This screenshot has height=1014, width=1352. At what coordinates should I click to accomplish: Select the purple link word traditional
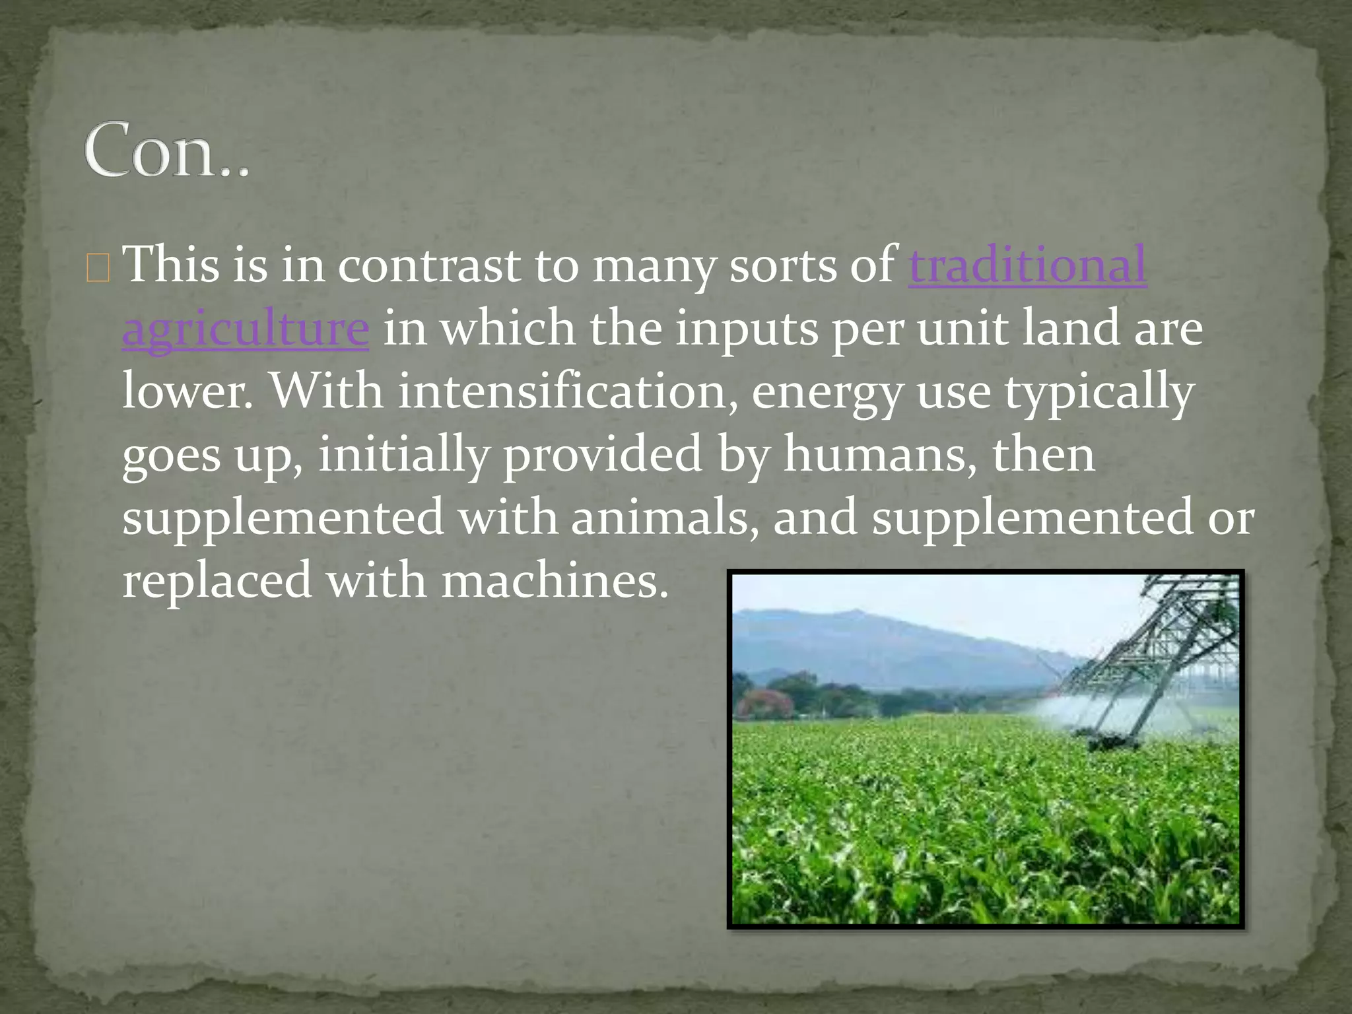[x=1027, y=265]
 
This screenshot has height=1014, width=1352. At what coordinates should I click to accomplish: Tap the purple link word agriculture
[x=245, y=328]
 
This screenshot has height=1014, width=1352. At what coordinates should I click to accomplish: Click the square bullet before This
[x=98, y=270]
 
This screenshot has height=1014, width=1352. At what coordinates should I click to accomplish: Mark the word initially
[x=403, y=455]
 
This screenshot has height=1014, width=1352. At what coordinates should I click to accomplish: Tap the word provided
[x=602, y=455]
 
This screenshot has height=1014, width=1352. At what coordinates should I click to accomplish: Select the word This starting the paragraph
[x=171, y=265]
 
